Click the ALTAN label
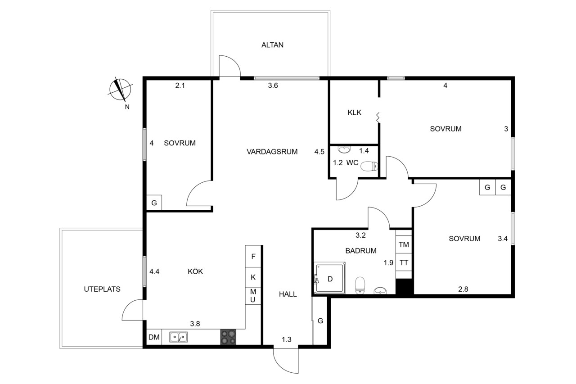272,45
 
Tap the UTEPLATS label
102,289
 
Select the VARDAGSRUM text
272,152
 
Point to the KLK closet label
354,113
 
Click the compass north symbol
120,90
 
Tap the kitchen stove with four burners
228,337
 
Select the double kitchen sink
179,337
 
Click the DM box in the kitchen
154,337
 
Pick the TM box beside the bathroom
404,244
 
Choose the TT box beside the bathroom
404,262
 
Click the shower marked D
329,278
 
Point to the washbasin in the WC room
344,149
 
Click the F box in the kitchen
253,257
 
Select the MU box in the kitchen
253,296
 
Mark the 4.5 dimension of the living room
319,152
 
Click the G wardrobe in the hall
319,321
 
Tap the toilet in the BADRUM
360,285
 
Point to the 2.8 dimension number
463,289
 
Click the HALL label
288,294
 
